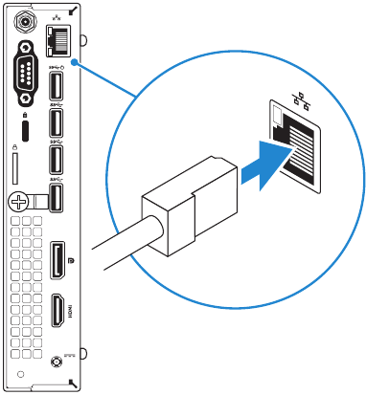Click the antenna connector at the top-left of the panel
(x=20, y=19)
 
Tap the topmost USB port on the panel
(x=56, y=86)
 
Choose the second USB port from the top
(x=56, y=122)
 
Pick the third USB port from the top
(x=56, y=159)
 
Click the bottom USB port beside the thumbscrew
(x=56, y=196)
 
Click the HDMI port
(x=57, y=311)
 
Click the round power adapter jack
(x=57, y=362)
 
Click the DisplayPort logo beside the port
(x=72, y=260)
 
